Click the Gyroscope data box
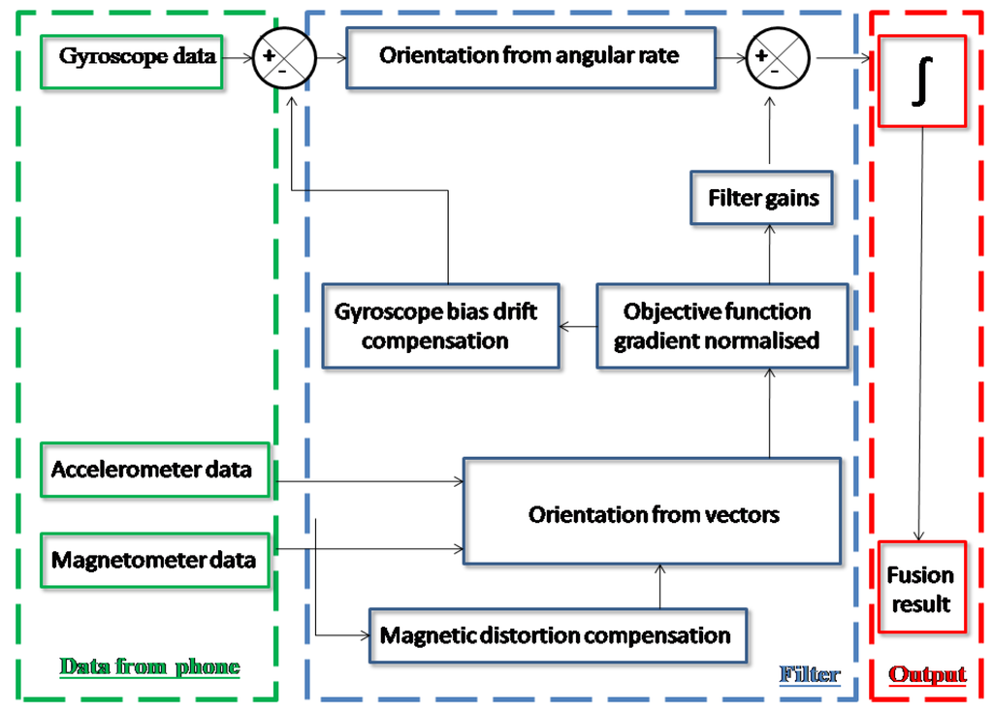pos(137,57)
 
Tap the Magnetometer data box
pos(154,561)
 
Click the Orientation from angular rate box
pos(529,56)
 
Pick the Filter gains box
pos(763,199)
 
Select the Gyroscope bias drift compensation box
pos(441,326)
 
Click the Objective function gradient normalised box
pos(721,326)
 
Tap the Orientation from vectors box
pos(652,512)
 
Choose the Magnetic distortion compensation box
pos(558,635)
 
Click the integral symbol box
pos(921,81)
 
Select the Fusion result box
pos(920,588)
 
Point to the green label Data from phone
pos(149,666)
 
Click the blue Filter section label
pos(810,674)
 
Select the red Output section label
pos(927,674)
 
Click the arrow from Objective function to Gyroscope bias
pos(577,327)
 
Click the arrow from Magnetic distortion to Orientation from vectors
pos(659,586)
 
